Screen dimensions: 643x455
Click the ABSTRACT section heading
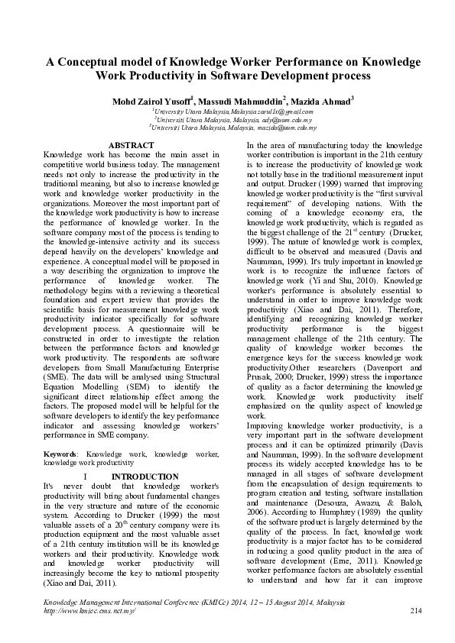[x=132, y=144]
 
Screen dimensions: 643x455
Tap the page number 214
[x=416, y=611]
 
